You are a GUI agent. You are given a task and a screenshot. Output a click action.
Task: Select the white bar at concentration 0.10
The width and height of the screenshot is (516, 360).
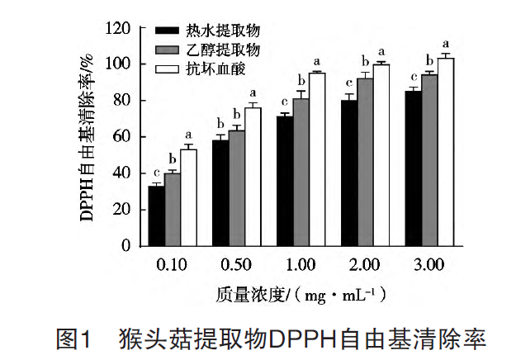[188, 197]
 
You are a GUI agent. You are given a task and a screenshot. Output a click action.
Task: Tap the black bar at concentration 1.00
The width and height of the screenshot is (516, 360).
[285, 181]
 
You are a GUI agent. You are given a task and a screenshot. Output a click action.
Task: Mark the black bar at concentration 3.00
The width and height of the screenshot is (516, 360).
[414, 168]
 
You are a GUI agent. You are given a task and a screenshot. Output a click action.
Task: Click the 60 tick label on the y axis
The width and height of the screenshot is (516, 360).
[122, 137]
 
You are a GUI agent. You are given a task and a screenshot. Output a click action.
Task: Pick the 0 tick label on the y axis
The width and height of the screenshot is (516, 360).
[126, 246]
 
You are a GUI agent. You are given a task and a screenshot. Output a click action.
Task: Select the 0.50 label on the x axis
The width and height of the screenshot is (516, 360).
[237, 264]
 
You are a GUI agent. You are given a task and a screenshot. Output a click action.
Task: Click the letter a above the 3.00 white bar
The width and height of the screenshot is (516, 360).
[446, 44]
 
